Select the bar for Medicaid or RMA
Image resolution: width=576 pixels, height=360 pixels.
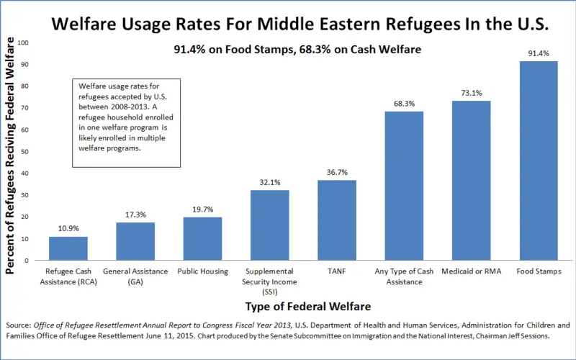[471, 180]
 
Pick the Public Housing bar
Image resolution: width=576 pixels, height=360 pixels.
[202, 238]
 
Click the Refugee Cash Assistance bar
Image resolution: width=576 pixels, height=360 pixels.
[68, 248]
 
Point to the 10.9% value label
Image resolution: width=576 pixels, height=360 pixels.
[68, 229]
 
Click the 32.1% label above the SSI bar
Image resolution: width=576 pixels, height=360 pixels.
[269, 182]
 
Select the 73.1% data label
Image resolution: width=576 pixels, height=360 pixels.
[471, 93]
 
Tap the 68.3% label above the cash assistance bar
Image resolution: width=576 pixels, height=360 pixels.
[404, 104]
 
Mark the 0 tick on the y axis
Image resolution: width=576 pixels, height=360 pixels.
[27, 260]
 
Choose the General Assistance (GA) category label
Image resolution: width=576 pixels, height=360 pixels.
[135, 276]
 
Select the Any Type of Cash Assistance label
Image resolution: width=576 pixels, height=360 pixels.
[404, 276]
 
